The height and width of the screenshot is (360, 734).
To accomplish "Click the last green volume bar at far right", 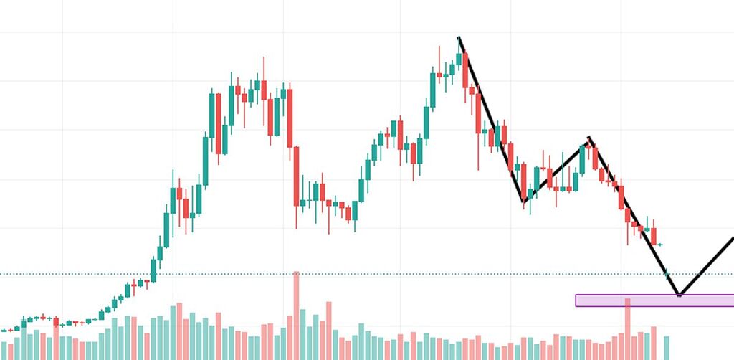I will (667, 348).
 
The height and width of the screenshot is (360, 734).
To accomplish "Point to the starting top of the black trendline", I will (459, 37).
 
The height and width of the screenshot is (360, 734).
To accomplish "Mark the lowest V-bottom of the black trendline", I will (679, 295).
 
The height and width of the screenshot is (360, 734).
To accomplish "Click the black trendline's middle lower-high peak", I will (589, 138).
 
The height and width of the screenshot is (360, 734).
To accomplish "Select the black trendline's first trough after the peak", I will (524, 203).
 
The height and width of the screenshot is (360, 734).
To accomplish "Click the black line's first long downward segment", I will (491, 118).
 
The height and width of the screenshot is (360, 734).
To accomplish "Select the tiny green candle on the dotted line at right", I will (667, 273).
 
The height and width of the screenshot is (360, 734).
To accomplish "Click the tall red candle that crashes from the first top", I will (296, 176).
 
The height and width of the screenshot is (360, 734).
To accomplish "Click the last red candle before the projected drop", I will (654, 236).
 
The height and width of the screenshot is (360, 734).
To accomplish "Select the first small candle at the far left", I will (4, 331).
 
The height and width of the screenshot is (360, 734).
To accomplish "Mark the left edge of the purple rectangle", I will (576, 300).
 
